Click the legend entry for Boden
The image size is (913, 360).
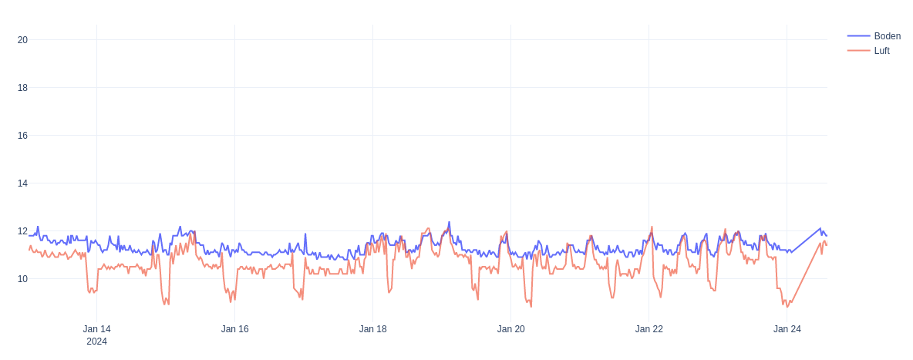point(887,36)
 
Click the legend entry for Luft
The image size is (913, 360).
point(881,51)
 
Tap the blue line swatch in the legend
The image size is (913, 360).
point(858,36)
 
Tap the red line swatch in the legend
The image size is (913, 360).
point(858,51)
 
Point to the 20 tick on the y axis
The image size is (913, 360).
point(22,40)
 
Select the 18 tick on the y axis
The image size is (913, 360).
point(22,88)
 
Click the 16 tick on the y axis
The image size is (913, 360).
point(22,136)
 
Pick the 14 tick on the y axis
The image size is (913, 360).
point(22,183)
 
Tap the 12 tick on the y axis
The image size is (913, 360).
point(22,231)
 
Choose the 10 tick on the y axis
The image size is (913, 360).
point(22,279)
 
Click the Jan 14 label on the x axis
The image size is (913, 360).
point(96,329)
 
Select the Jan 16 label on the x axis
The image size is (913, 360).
point(234,329)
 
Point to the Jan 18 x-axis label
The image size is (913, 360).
point(372,329)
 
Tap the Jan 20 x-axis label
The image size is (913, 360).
point(510,329)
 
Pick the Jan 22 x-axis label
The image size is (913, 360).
point(649,329)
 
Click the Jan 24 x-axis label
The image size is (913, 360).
point(787,329)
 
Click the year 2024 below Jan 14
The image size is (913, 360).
point(96,341)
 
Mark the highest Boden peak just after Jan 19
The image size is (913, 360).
point(449,222)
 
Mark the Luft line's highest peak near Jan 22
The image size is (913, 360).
point(652,227)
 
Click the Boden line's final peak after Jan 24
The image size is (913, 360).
point(820,228)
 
